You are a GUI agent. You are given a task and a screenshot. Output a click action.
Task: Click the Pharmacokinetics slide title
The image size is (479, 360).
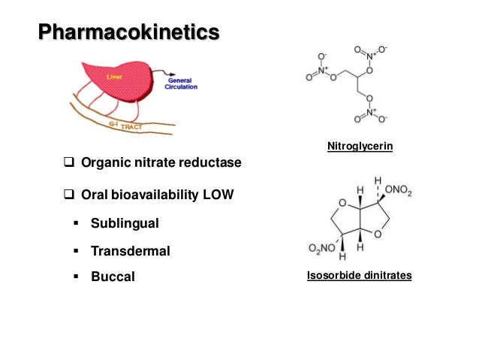pyautogui.click(x=129, y=33)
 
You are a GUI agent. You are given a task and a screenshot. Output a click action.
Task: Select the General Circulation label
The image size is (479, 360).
pyautogui.click(x=182, y=83)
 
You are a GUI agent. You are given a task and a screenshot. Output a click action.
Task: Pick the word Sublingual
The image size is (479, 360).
pyautogui.click(x=125, y=223)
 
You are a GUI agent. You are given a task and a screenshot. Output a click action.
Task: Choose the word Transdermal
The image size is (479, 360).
pyautogui.click(x=130, y=250)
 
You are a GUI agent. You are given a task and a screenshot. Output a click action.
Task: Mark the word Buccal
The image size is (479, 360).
pyautogui.click(x=113, y=277)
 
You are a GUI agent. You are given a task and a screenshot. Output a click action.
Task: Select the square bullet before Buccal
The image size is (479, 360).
pyautogui.click(x=77, y=277)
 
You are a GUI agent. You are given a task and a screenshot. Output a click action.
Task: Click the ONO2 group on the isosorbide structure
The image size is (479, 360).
pyautogui.click(x=399, y=192)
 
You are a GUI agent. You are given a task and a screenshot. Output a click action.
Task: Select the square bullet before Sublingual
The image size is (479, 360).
pyautogui.click(x=77, y=223)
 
